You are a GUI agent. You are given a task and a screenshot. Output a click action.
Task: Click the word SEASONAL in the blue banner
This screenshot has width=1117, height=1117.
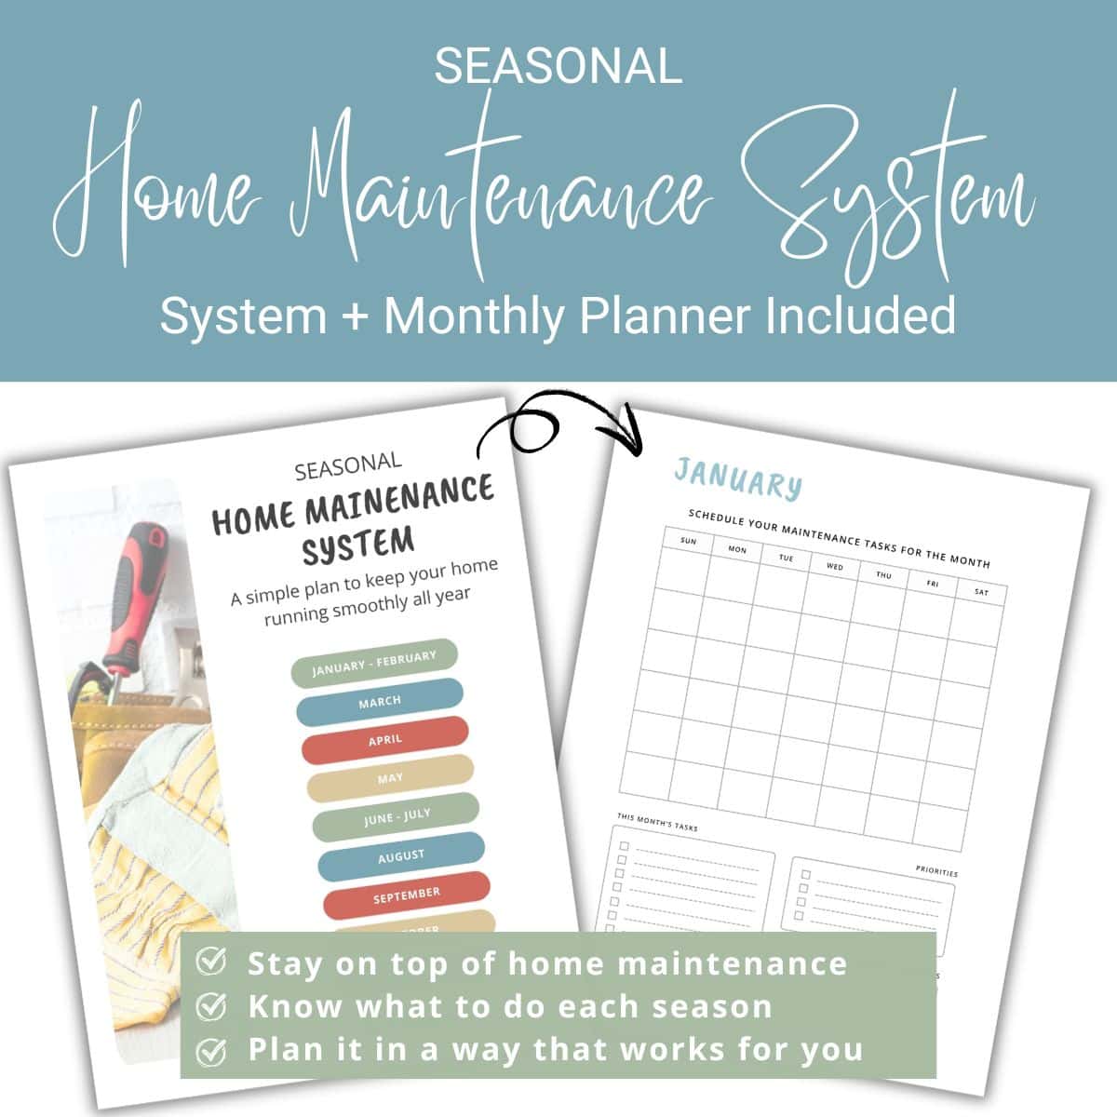(x=558, y=67)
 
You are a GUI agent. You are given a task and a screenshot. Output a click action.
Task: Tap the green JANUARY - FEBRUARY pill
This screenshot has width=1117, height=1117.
(x=374, y=663)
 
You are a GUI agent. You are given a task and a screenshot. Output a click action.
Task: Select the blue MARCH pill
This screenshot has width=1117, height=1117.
(x=380, y=701)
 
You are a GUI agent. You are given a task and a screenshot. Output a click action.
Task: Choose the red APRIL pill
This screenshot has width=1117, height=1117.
(x=385, y=739)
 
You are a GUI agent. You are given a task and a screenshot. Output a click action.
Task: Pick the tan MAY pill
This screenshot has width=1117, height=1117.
(x=391, y=777)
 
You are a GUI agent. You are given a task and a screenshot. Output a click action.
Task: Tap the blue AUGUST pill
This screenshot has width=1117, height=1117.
(x=402, y=855)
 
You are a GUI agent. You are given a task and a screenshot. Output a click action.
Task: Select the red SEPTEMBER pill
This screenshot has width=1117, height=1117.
(x=407, y=894)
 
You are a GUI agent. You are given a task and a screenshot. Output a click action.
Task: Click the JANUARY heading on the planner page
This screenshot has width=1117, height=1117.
(x=737, y=479)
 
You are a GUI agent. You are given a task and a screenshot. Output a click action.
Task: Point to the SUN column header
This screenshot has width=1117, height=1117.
(x=688, y=541)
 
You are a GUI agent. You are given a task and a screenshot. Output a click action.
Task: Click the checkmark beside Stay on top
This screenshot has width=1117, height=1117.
(x=212, y=962)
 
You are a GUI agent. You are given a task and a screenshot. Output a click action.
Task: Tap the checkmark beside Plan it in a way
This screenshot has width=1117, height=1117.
(x=212, y=1050)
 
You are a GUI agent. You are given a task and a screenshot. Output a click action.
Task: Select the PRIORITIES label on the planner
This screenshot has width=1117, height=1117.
(x=936, y=873)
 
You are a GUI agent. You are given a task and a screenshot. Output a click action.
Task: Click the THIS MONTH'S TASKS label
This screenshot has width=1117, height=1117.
(x=656, y=823)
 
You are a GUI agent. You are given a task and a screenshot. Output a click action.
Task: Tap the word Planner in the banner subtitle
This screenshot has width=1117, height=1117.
(x=665, y=316)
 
